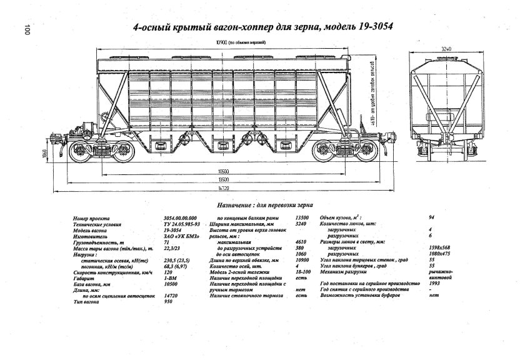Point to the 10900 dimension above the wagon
[222, 42]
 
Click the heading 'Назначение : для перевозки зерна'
[265, 205]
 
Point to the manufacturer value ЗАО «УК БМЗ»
[175, 236]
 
